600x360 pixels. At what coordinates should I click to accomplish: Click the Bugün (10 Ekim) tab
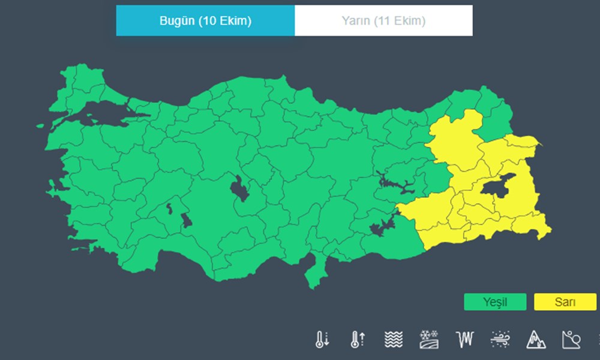[x=205, y=21]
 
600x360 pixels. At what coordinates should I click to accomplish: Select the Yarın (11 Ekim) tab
[x=383, y=21]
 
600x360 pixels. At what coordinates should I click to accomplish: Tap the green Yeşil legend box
[x=495, y=302]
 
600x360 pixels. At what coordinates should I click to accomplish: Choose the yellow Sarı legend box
[x=565, y=302]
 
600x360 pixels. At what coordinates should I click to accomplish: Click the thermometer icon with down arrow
[x=322, y=340]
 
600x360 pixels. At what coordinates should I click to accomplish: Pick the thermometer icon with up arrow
[x=357, y=340]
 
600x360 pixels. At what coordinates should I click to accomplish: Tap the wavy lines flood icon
[x=393, y=340]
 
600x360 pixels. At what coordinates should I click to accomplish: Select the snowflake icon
[x=428, y=340]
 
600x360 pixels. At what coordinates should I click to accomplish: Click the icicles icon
[x=464, y=340]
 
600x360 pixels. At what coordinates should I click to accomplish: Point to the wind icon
[x=500, y=340]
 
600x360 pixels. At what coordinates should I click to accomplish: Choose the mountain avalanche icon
[x=536, y=340]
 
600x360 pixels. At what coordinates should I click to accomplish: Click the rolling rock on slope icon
[x=571, y=340]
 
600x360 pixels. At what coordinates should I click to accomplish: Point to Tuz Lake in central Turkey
[x=239, y=189]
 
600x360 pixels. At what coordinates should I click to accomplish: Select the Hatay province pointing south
[x=313, y=273]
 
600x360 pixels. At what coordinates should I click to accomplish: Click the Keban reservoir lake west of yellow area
[x=394, y=183]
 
